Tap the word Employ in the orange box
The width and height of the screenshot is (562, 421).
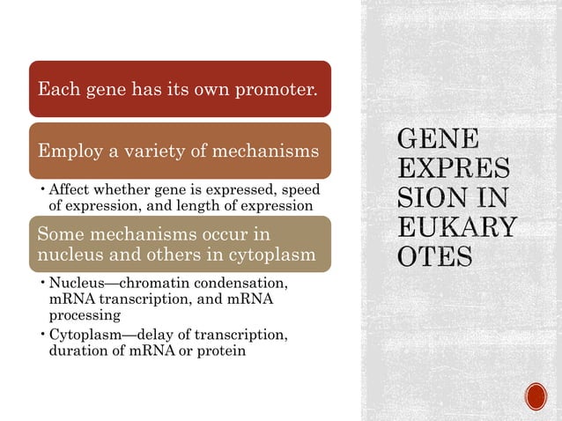coord(63,151)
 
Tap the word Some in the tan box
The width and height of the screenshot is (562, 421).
coord(57,236)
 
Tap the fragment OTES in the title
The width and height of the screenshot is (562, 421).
coord(435,257)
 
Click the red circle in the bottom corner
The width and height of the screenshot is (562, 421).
coord(536,396)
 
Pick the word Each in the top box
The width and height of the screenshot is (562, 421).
coord(57,89)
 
